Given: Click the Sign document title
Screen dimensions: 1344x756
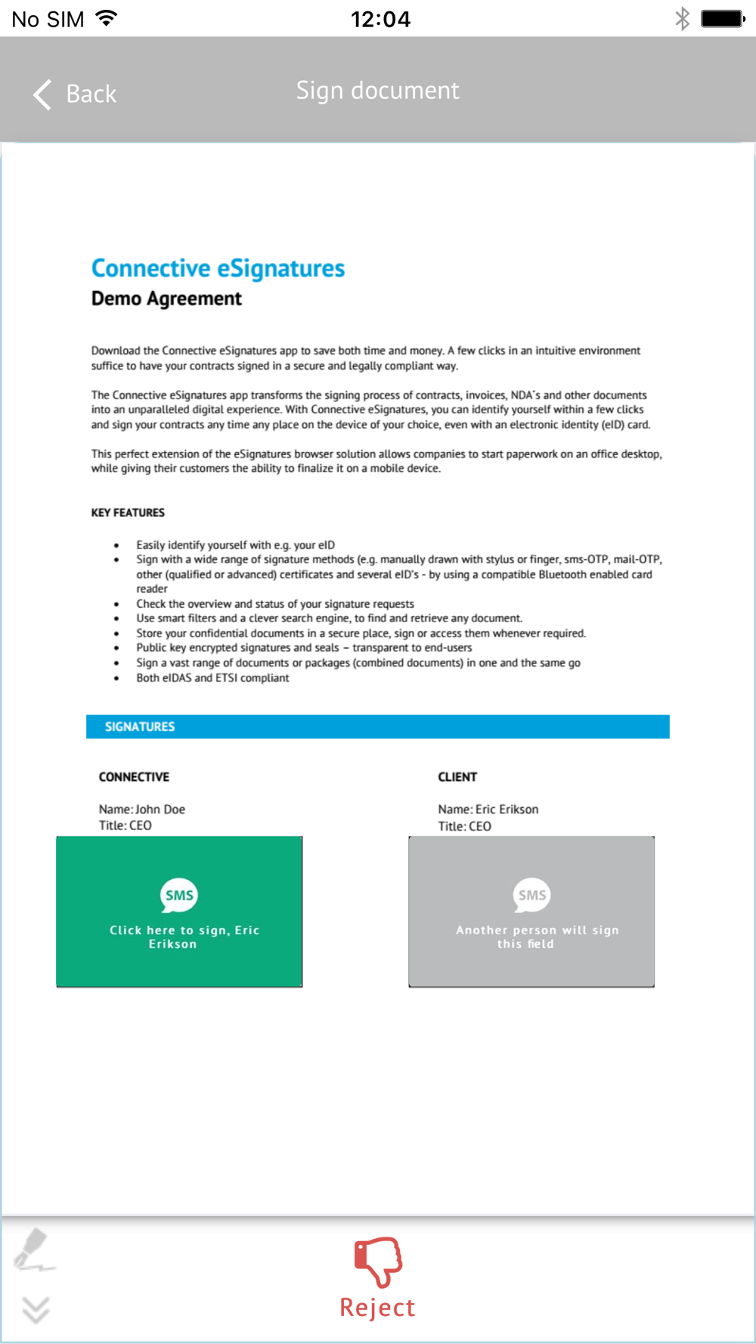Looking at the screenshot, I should [377, 91].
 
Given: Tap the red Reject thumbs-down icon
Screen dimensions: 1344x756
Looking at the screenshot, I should [378, 1261].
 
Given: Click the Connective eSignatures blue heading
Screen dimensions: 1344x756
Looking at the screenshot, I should [218, 268].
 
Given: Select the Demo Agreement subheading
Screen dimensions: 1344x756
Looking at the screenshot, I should [166, 299].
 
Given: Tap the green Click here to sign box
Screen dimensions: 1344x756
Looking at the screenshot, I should [179, 912].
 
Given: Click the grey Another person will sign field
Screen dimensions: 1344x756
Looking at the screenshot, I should [531, 912].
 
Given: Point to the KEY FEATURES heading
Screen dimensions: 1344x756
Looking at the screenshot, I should [128, 513].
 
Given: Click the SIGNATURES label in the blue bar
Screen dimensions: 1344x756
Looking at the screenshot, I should [140, 726].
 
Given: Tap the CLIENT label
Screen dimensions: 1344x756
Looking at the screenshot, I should [457, 777].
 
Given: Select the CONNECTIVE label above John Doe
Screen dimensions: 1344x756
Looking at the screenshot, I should [134, 777].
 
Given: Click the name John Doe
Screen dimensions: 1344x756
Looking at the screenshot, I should [160, 809].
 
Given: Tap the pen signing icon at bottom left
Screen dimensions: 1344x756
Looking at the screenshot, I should [34, 1249].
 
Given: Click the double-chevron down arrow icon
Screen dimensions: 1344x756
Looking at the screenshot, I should [36, 1309].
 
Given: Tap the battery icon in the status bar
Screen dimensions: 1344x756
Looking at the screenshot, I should [723, 18].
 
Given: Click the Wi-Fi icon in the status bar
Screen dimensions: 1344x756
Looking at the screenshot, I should [107, 18].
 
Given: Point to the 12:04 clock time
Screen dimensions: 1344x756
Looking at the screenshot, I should [380, 19].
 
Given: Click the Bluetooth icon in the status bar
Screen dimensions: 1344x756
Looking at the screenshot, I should [682, 18].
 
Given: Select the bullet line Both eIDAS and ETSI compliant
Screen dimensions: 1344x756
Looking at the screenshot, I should [212, 678].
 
